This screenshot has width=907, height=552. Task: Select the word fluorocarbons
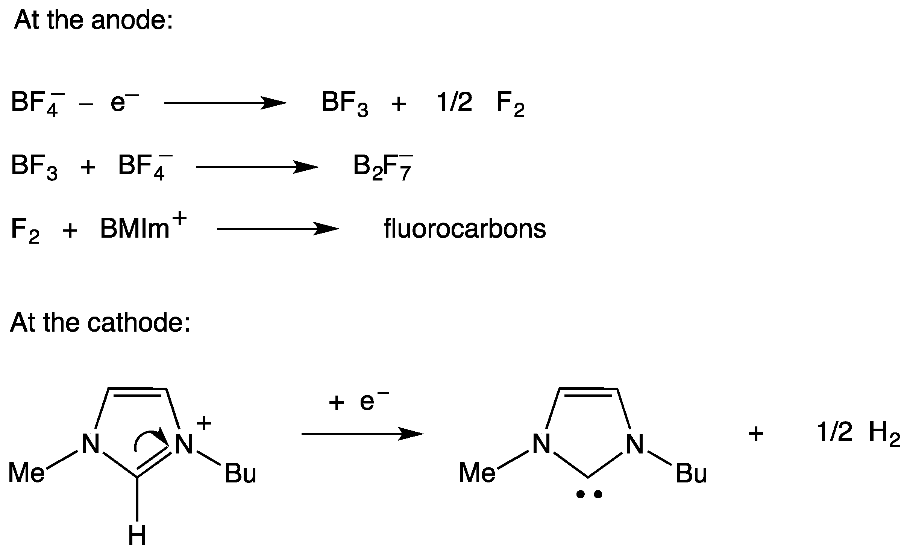[x=464, y=229]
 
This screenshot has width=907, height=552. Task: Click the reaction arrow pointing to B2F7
[x=257, y=167]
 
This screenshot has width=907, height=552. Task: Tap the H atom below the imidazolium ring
[x=137, y=535]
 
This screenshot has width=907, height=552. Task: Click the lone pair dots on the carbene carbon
[x=588, y=494]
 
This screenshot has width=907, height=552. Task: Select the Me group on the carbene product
[x=477, y=472]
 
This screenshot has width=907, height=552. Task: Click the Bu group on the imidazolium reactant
[x=240, y=473]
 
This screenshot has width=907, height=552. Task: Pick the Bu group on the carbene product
[x=691, y=473]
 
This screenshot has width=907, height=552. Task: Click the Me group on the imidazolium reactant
[x=26, y=472]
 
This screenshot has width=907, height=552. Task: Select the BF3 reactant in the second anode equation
[x=34, y=167]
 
